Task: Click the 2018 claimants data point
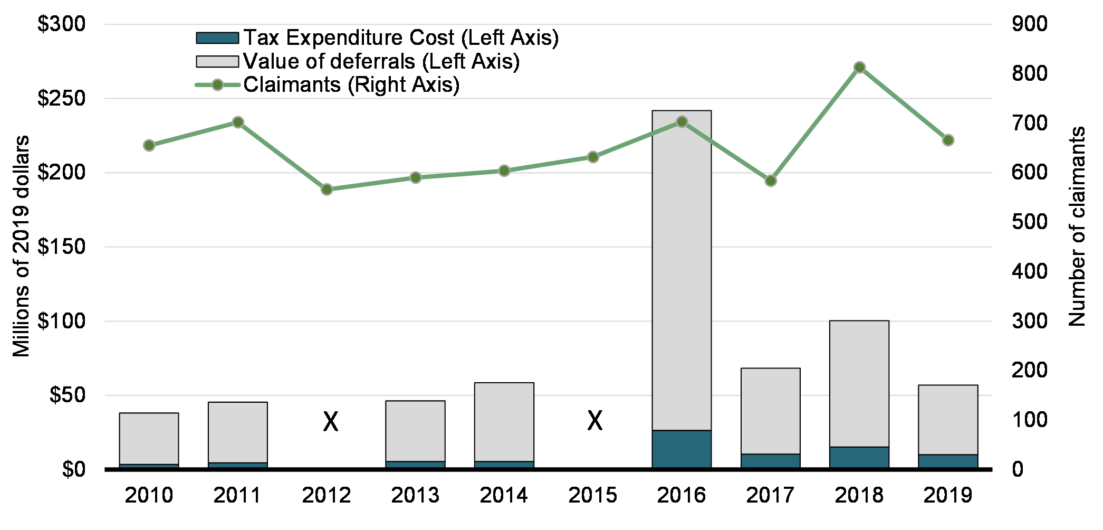pyautogui.click(x=859, y=68)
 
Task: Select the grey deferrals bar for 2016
pyautogui.click(x=682, y=269)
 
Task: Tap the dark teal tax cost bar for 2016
pyautogui.click(x=682, y=449)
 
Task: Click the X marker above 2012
pyautogui.click(x=331, y=422)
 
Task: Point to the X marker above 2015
pyautogui.click(x=595, y=421)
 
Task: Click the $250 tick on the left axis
pyautogui.click(x=61, y=99)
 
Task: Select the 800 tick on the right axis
pyautogui.click(x=1029, y=73)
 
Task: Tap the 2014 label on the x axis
pyautogui.click(x=504, y=495)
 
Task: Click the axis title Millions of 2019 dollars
pyautogui.click(x=21, y=246)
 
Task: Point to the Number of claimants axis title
pyautogui.click(x=1077, y=226)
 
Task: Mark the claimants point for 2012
pyautogui.click(x=327, y=190)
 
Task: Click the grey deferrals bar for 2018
pyautogui.click(x=859, y=383)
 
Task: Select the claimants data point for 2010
pyautogui.click(x=149, y=146)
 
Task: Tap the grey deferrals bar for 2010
pyautogui.click(x=149, y=438)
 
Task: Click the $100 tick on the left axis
pyautogui.click(x=61, y=321)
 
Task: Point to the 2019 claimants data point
pyautogui.click(x=948, y=140)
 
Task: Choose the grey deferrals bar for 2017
pyautogui.click(x=770, y=411)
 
